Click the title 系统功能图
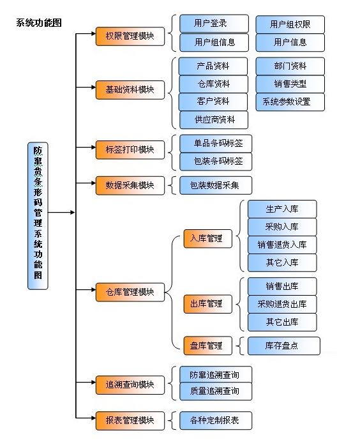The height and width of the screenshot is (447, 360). (x=39, y=23)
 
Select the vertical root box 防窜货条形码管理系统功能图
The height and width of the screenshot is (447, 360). (x=38, y=216)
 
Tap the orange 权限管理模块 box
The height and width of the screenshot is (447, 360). (x=130, y=36)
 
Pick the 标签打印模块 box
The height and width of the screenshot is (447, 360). (x=130, y=150)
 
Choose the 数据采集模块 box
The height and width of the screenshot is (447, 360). (x=130, y=186)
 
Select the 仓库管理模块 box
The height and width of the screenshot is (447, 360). (x=130, y=292)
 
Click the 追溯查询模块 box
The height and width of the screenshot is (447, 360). (x=130, y=385)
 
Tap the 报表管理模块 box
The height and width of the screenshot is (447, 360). (x=130, y=420)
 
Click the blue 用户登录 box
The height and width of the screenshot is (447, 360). (x=214, y=24)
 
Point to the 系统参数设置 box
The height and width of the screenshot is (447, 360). (x=290, y=102)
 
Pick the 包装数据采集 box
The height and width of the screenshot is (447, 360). (x=216, y=186)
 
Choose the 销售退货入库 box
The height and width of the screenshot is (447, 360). (x=282, y=245)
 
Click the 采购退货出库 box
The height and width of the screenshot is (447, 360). (x=282, y=304)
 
